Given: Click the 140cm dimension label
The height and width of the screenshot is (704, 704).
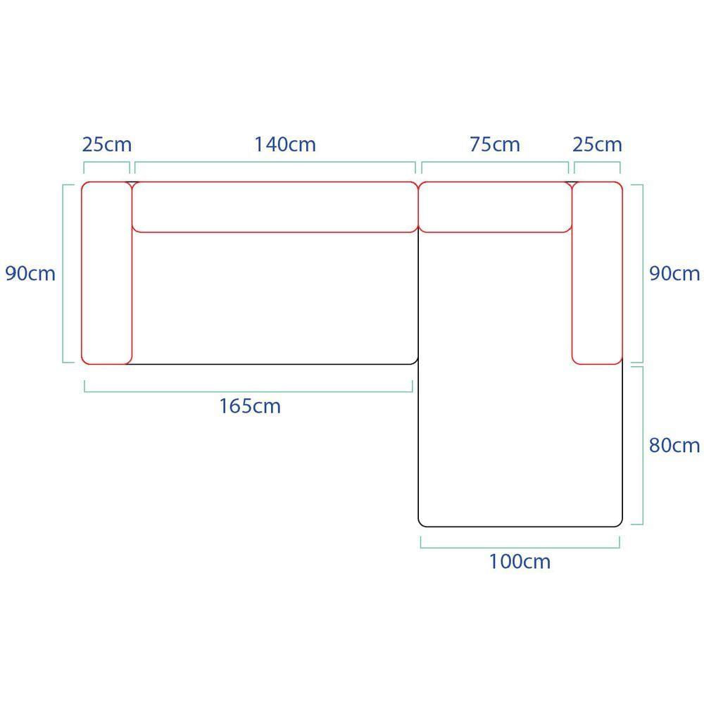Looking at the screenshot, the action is (x=285, y=144).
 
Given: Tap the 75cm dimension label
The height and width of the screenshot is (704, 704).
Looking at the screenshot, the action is (x=495, y=144).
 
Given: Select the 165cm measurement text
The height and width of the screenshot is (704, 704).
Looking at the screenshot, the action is (x=250, y=406).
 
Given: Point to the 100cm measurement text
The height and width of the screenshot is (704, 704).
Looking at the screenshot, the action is (x=520, y=562).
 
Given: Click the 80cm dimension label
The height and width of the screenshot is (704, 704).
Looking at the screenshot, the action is (x=674, y=446).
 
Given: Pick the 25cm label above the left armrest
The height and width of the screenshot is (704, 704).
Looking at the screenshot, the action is (x=107, y=144).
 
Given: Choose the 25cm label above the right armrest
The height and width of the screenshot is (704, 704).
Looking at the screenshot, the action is (x=597, y=144).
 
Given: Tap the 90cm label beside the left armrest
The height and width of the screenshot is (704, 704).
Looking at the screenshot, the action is (x=30, y=273).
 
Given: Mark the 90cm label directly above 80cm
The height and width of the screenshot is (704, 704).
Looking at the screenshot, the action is (x=674, y=273).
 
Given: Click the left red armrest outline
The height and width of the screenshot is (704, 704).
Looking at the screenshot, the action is (x=81, y=273).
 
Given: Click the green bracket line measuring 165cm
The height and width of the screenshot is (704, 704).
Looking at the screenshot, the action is (x=249, y=391).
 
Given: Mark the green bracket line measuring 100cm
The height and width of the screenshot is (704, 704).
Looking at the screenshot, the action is (x=520, y=547).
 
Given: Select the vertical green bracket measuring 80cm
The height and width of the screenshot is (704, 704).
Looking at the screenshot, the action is (x=643, y=446).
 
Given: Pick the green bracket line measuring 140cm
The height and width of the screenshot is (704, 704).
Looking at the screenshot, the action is (x=275, y=162).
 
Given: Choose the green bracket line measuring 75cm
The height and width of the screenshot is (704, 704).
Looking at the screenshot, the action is (x=495, y=162).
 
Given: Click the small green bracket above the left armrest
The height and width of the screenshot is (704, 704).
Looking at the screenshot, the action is (x=107, y=162).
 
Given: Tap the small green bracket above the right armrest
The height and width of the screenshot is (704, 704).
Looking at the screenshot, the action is (x=597, y=162).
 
